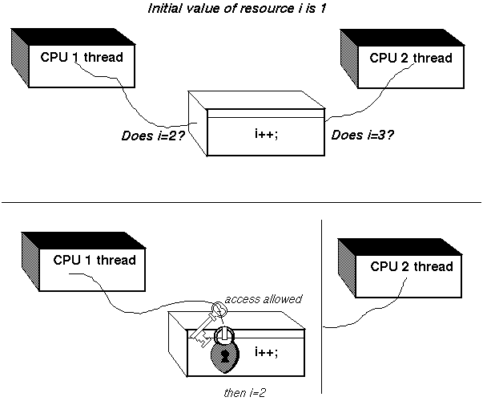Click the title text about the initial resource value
(x=243, y=9)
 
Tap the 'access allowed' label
(x=264, y=299)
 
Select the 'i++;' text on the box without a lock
(x=264, y=132)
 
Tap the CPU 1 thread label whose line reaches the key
(x=94, y=260)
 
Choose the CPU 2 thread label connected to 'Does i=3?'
(x=411, y=58)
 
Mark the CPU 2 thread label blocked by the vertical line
(x=411, y=266)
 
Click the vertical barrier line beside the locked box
(x=320, y=273)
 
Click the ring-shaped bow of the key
(x=219, y=310)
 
